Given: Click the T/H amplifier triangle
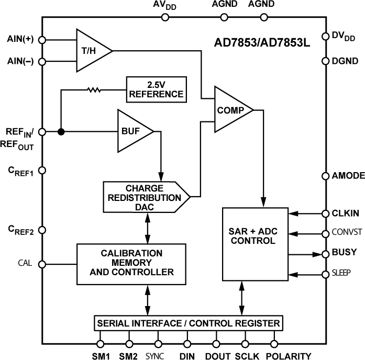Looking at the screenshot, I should pyautogui.click(x=91, y=50).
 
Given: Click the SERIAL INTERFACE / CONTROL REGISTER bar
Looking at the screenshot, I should pyautogui.click(x=189, y=323).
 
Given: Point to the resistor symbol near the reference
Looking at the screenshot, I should pyautogui.click(x=94, y=89).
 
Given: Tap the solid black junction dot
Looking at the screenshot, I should pyautogui.click(x=61, y=132).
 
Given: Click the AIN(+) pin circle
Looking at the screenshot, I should pyautogui.click(x=42, y=40).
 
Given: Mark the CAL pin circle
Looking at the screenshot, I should pyautogui.click(x=42, y=263).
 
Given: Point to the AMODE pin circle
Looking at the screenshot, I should pyautogui.click(x=324, y=176).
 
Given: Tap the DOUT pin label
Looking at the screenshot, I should pyautogui.click(x=217, y=356).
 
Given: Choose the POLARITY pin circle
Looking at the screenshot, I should pyautogui.click(x=274, y=344).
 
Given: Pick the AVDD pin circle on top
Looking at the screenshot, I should pyautogui.click(x=165, y=17).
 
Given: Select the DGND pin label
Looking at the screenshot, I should pyautogui.click(x=345, y=61).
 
